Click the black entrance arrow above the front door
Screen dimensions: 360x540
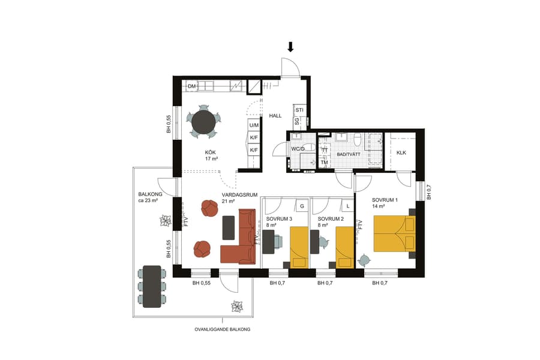point(290,47)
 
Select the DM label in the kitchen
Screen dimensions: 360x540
point(192,87)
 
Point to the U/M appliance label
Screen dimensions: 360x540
point(254,125)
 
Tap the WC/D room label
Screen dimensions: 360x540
point(298,148)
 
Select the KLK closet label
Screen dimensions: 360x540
point(401,153)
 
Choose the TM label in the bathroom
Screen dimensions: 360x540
point(324,162)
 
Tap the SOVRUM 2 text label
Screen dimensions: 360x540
point(331,219)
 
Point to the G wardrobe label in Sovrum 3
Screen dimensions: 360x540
point(302,206)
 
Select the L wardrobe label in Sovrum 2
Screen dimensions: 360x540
point(347,206)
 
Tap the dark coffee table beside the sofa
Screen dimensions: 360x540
point(229,227)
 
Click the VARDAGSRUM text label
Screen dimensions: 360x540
point(239,195)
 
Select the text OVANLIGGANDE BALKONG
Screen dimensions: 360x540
point(223,329)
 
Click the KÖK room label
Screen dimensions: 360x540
point(209,152)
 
